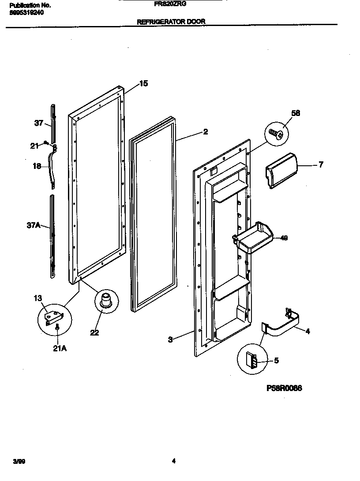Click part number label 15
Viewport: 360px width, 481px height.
143,84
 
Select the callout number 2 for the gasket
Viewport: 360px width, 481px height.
206,132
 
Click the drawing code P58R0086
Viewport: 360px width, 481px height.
284,388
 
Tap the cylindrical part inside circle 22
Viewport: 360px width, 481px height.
105,300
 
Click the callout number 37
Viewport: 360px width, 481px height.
38,123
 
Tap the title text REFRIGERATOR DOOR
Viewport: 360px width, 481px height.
171,21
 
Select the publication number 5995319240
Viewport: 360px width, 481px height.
26,13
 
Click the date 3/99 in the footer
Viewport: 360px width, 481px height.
19,461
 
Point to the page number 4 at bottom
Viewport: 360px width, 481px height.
174,461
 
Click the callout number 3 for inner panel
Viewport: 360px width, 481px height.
170,339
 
